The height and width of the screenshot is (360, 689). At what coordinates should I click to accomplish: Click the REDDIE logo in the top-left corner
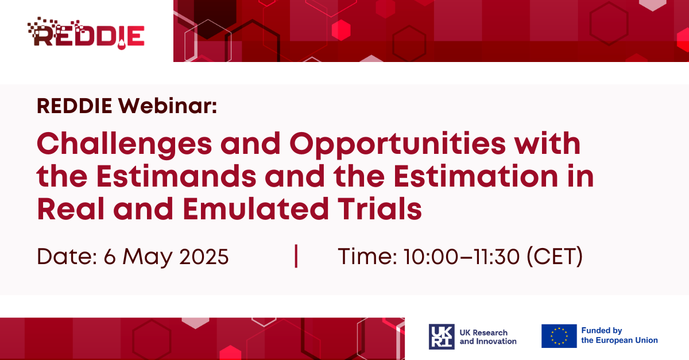tap(86, 33)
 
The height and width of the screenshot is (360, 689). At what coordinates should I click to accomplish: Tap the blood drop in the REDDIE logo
tap(122, 45)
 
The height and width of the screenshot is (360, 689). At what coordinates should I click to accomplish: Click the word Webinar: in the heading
tap(168, 106)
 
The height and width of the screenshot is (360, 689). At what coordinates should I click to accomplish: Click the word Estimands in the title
tap(176, 176)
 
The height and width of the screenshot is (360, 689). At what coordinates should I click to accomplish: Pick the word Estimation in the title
tap(475, 176)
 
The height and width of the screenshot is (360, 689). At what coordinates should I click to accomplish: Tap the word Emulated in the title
tap(256, 209)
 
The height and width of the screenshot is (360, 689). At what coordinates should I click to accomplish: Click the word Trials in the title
tap(380, 209)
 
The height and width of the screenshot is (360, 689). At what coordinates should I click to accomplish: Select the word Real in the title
tap(71, 209)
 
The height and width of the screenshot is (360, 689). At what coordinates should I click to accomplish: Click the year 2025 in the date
tap(204, 257)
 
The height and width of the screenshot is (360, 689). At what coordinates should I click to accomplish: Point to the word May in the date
tap(148, 258)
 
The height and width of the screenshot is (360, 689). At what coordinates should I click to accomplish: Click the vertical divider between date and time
tap(296, 256)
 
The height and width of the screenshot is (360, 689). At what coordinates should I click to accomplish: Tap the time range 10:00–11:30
tap(462, 257)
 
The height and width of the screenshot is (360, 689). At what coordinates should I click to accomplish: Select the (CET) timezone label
tap(555, 257)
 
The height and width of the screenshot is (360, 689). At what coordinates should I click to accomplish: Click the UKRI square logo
tap(442, 336)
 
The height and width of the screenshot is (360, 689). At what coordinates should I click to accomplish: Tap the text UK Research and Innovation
tap(488, 337)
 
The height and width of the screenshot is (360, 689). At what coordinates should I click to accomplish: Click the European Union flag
tap(559, 336)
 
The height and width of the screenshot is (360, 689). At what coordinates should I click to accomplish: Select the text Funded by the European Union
tap(620, 335)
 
